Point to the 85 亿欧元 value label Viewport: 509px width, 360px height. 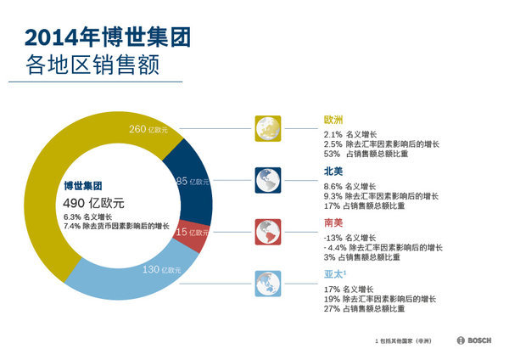pyautogui.click(x=193, y=182)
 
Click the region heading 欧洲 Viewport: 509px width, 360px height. pyautogui.click(x=333, y=120)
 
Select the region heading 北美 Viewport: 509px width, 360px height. pyautogui.click(x=333, y=171)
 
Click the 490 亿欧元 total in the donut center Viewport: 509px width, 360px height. pyautogui.click(x=94, y=203)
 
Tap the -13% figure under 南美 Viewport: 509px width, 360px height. pyautogui.click(x=333, y=237)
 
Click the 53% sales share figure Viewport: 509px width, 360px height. pyautogui.click(x=332, y=154)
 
